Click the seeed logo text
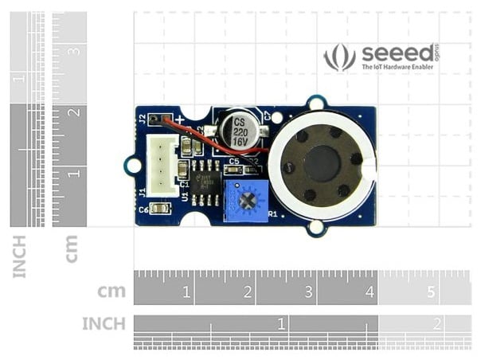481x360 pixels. tap(399, 54)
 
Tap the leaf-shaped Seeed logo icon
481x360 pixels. tap(339, 57)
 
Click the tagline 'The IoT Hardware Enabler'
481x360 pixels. tap(398, 68)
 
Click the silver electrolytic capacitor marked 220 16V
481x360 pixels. tap(240, 127)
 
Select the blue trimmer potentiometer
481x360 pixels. tap(245, 200)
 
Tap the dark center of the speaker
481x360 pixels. tap(322, 164)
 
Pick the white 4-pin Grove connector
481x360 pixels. tap(165, 165)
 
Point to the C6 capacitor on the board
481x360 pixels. tap(159, 209)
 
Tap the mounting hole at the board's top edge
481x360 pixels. tap(316, 102)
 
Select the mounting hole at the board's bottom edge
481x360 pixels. tap(316, 229)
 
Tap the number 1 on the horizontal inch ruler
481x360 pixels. tap(281, 324)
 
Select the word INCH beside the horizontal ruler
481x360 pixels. tap(104, 324)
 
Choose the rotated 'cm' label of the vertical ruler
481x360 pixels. tap(72, 248)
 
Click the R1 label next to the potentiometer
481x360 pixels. tap(272, 213)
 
